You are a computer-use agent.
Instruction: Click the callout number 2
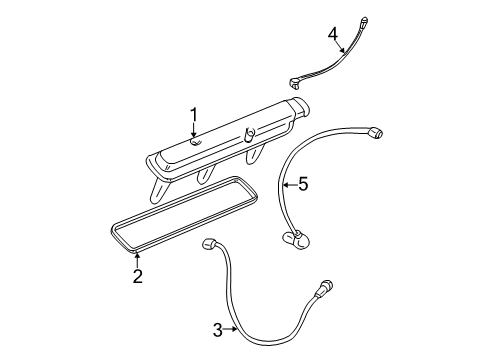click(137, 275)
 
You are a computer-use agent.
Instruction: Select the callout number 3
click(218, 328)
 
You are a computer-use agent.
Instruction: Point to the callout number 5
click(304, 184)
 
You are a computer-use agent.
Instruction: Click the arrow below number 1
click(195, 136)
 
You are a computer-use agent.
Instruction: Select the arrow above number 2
click(137, 258)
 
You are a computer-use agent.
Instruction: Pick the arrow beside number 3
click(234, 328)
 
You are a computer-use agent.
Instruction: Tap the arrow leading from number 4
click(342, 46)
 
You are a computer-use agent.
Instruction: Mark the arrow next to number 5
click(288, 184)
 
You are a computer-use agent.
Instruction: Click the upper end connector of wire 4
click(362, 17)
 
